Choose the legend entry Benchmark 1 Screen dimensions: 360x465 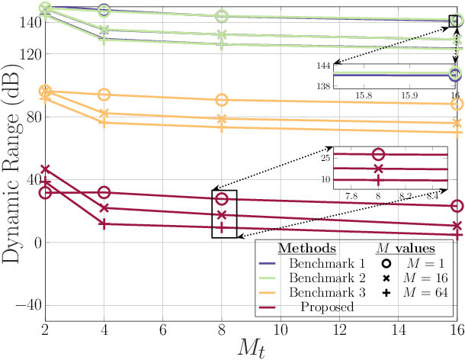pyautogui.click(x=321, y=262)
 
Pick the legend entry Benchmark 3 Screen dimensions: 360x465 pyautogui.click(x=321, y=292)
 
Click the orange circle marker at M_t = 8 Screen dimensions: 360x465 pyautogui.click(x=222, y=100)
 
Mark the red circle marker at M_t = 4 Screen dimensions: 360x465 pyautogui.click(x=104, y=193)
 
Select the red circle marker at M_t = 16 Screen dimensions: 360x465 pyautogui.click(x=457, y=206)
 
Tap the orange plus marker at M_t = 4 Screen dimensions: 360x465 pyautogui.click(x=104, y=122)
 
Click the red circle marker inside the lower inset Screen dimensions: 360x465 pyautogui.click(x=379, y=154)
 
